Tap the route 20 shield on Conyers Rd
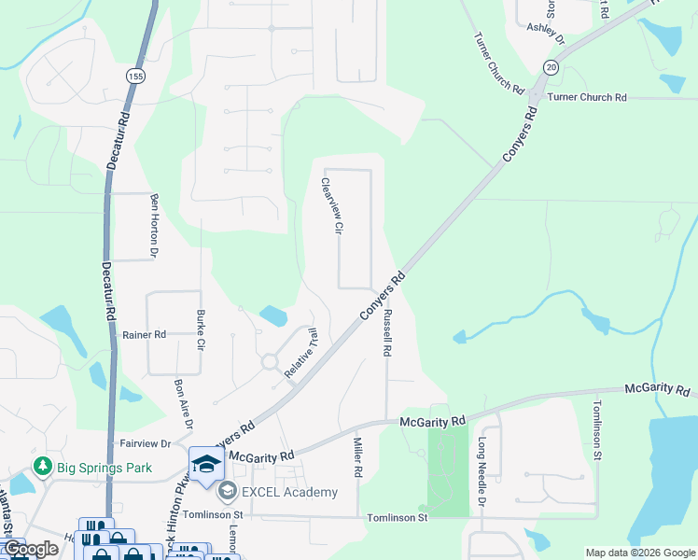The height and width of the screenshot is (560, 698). [x=551, y=67]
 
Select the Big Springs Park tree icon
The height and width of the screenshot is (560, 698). [x=41, y=465]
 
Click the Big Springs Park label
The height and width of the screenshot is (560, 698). [x=95, y=465]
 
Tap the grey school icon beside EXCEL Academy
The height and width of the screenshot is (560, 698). [x=226, y=491]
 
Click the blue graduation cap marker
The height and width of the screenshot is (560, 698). [x=205, y=463]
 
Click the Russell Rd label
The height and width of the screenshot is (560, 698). [x=386, y=333]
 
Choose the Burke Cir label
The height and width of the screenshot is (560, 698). [x=200, y=329]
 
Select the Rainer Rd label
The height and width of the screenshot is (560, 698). [x=144, y=334]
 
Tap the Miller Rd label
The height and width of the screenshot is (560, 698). [x=356, y=456]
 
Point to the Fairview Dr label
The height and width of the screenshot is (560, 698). [x=145, y=444]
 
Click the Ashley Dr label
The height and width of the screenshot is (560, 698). [x=547, y=34]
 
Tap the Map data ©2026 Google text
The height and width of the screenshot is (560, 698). [x=639, y=553]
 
